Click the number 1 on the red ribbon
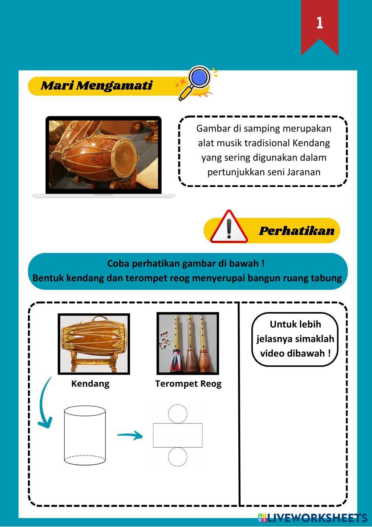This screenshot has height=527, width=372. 319,23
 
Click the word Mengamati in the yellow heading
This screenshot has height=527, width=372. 114,86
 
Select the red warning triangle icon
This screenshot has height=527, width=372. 229,227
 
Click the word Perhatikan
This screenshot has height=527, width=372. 296,231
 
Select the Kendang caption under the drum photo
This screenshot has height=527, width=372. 90,384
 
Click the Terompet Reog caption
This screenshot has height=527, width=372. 188,384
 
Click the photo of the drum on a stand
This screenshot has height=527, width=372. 94,344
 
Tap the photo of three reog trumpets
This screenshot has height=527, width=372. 188,343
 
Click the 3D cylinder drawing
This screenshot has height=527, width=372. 85,435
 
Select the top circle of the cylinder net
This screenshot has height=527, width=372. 178,414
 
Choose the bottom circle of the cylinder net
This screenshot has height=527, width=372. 178,457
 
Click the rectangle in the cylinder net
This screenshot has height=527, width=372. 178,435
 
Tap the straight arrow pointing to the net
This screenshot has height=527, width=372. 130,435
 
